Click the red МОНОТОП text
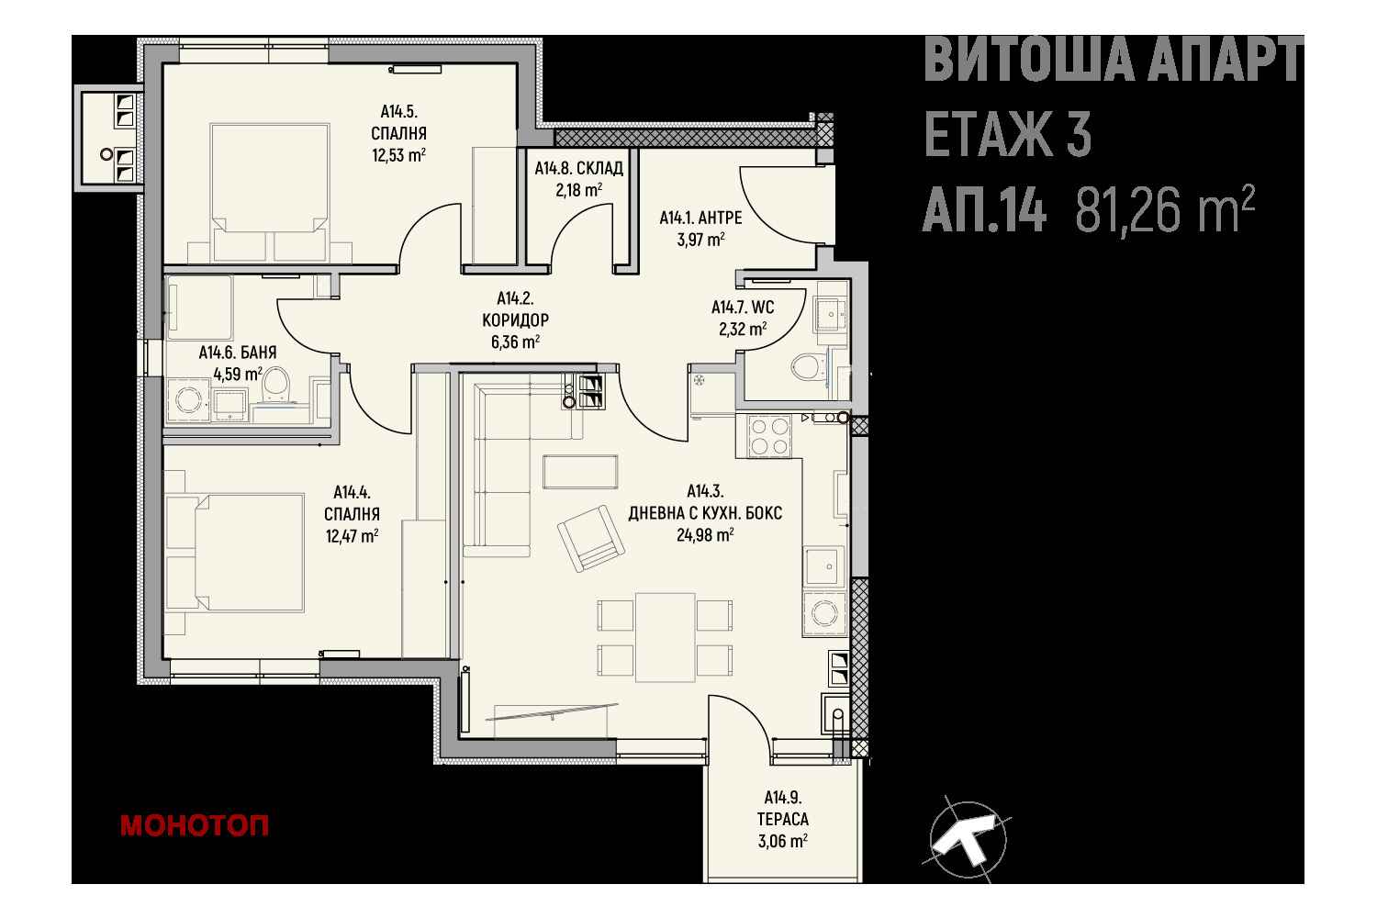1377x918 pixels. tap(195, 826)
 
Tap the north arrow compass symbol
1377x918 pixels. tap(967, 839)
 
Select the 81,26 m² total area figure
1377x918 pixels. tap(1164, 209)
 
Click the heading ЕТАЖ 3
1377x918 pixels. tap(1008, 135)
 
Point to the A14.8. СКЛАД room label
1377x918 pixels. tap(578, 169)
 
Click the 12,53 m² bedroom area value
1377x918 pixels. tap(398, 154)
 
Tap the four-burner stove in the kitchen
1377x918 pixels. tap(769, 436)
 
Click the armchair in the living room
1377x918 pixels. tap(590, 538)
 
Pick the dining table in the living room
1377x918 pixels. tap(666, 637)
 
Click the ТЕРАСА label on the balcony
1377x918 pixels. tap(782, 819)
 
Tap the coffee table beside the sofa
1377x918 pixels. tap(579, 472)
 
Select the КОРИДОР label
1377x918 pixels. tap(515, 319)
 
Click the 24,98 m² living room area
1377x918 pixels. tap(704, 534)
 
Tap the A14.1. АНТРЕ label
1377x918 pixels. tap(700, 218)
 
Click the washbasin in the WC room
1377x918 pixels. tap(831, 314)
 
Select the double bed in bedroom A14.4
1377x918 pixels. tap(234, 553)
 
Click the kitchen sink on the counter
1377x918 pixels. tap(825, 566)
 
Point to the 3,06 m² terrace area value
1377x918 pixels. tap(782, 841)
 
